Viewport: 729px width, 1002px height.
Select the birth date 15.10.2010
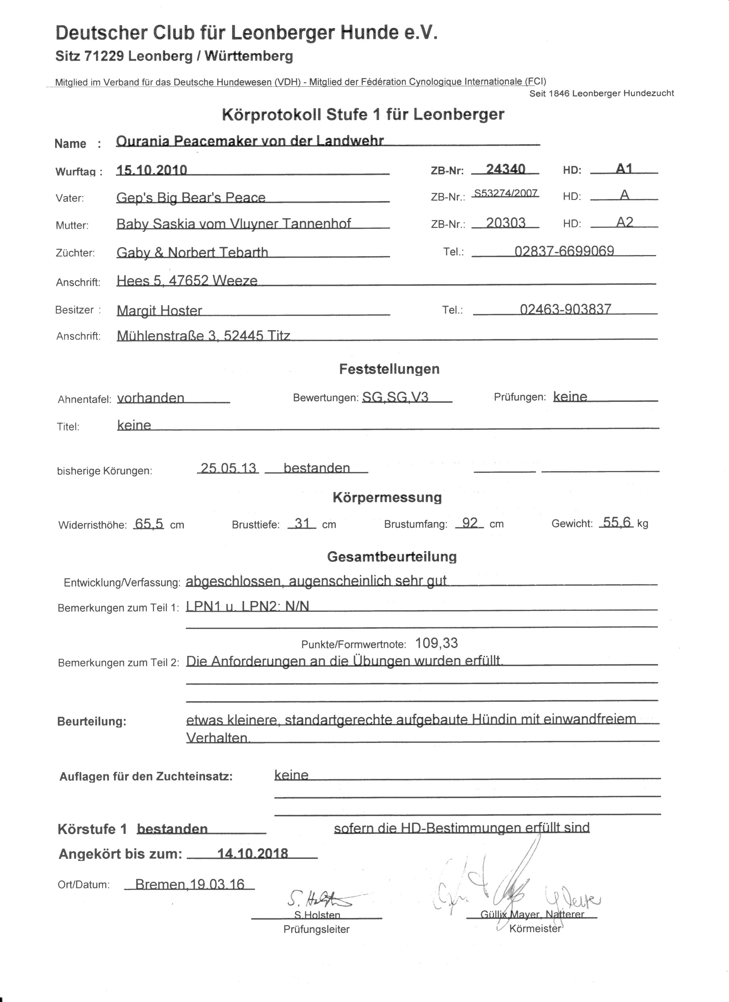[152, 170]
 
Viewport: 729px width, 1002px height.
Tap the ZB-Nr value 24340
[505, 169]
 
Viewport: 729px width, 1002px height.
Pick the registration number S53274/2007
[505, 193]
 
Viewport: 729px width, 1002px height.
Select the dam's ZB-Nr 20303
[505, 223]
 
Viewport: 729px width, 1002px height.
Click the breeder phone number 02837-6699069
[564, 251]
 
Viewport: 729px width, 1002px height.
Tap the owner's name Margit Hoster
[159, 310]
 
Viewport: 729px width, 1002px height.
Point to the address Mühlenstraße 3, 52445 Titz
[203, 336]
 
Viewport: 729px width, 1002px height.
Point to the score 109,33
[436, 643]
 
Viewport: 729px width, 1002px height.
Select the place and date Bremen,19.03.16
[190, 884]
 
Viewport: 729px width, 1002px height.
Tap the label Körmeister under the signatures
[534, 929]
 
